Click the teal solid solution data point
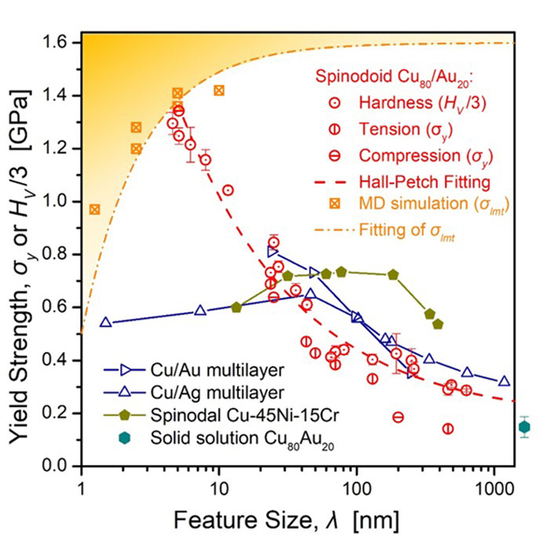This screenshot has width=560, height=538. point(525,428)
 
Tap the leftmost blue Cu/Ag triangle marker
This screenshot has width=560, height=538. point(105,323)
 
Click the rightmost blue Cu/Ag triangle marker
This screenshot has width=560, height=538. point(504,382)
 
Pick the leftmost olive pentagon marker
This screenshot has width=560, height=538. point(236,307)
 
